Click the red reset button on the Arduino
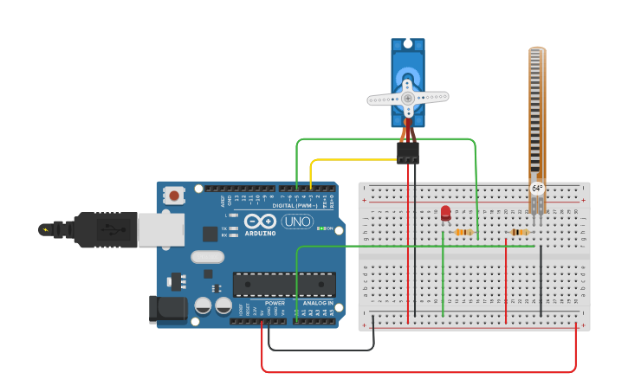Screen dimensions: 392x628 [174, 196]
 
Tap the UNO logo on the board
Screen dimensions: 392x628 [297, 222]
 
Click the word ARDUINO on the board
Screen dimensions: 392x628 [260, 233]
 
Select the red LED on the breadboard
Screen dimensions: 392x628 [445, 212]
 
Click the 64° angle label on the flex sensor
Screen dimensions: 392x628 [537, 188]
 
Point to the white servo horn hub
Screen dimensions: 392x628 [407, 98]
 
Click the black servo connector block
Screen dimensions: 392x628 [408, 153]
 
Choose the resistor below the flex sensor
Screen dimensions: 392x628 [520, 232]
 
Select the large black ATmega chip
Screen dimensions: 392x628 [284, 285]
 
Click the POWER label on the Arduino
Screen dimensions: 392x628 [275, 303]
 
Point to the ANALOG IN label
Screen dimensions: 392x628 [317, 303]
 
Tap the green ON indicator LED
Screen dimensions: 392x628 [321, 228]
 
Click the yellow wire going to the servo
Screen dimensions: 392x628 [346, 159]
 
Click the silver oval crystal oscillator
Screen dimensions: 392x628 [208, 256]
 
